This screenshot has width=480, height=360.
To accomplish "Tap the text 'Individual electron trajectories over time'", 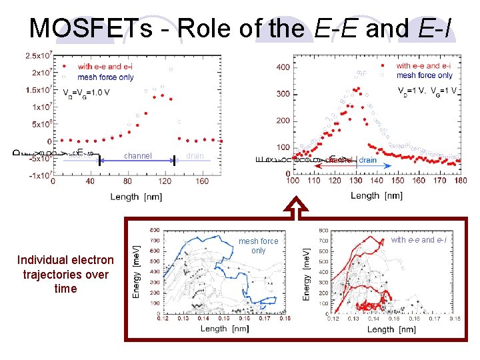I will pyautogui.click(x=65, y=274).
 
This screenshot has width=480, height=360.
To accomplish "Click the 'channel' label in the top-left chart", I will pyautogui.click(x=138, y=156).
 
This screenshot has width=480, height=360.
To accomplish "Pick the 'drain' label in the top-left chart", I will pyautogui.click(x=195, y=156).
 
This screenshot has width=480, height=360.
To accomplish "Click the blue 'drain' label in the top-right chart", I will pyautogui.click(x=367, y=160).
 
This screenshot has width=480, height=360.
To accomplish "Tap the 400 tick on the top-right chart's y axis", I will pyautogui.click(x=283, y=67).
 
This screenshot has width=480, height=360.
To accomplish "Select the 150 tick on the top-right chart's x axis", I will pyautogui.click(x=397, y=180).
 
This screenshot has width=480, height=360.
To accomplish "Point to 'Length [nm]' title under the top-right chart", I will pyautogui.click(x=377, y=195).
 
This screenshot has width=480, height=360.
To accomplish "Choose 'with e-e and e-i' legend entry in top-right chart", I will pyautogui.click(x=423, y=66).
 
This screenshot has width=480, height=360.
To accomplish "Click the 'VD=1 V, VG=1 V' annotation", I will pyautogui.click(x=427, y=91).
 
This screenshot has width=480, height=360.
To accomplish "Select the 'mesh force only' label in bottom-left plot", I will pyautogui.click(x=258, y=246).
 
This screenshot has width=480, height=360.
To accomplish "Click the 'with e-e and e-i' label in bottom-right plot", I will pyautogui.click(x=419, y=239).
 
